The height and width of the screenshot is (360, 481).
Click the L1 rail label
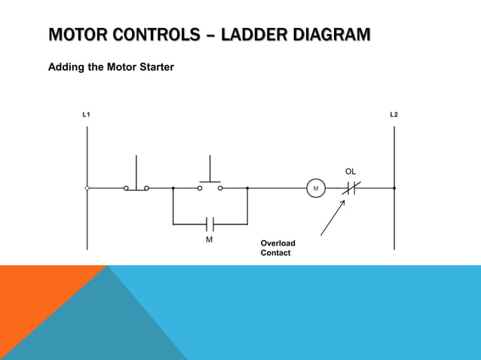86,114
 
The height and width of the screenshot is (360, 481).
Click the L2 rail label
394,114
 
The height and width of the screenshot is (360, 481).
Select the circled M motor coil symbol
316,188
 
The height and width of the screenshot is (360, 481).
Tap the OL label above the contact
351,172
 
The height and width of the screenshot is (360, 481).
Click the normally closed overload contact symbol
351,188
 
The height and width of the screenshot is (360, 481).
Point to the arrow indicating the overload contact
332,219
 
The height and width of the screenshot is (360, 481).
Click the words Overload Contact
277,248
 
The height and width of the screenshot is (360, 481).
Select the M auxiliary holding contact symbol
210,224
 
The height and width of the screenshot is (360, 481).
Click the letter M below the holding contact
210,239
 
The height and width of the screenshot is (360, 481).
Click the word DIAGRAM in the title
332,35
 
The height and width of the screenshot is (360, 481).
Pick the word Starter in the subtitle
154,67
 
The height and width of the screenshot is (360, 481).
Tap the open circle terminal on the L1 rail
87,188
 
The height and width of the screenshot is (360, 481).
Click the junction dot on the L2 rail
394,188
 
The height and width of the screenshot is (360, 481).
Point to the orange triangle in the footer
38,301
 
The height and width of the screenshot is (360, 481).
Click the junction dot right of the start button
247,188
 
